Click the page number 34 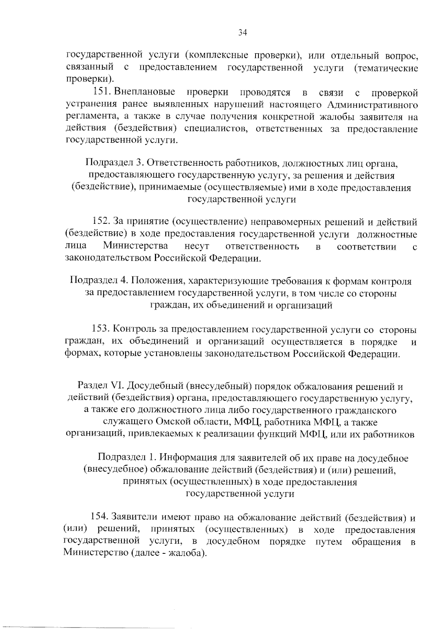tap(242, 33)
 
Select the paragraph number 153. tap(100, 329)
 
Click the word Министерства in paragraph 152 tap(135, 246)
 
